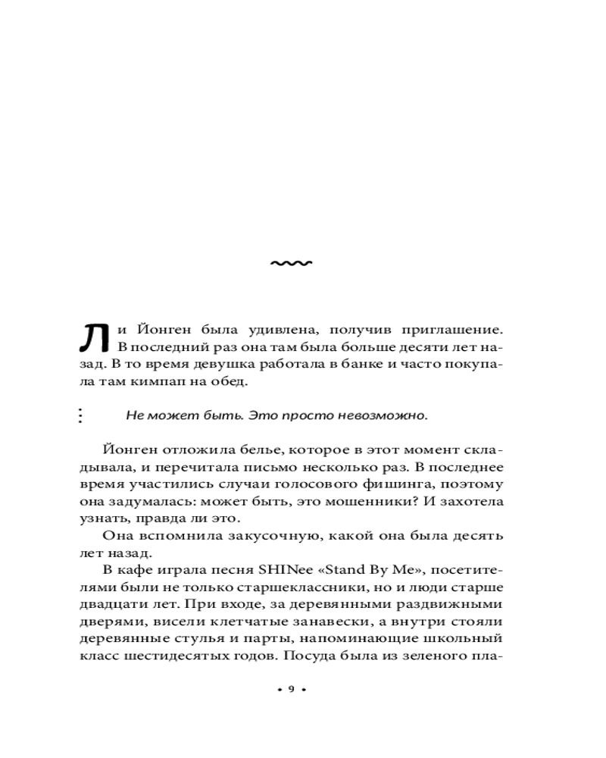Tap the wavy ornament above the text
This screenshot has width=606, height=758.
point(292,263)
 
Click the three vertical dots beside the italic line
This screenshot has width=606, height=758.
point(80,415)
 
